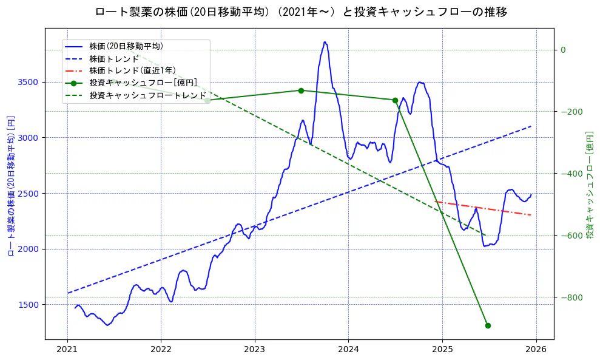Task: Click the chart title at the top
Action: click(301, 12)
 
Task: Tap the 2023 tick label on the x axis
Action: click(255, 350)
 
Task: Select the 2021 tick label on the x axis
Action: click(67, 350)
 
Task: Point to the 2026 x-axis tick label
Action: click(536, 350)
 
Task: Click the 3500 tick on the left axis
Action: click(30, 82)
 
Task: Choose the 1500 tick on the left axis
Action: click(30, 305)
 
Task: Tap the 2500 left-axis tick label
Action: click(30, 194)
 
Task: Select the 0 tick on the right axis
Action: click(563, 50)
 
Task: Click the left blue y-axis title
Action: click(11, 185)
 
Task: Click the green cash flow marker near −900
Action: click(488, 325)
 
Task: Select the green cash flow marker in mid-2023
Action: click(301, 90)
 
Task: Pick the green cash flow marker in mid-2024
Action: click(395, 100)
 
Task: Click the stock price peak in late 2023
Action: click(325, 42)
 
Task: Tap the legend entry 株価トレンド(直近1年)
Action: click(132, 70)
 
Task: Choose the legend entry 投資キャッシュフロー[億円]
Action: click(143, 83)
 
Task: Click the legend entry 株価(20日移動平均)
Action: click(126, 46)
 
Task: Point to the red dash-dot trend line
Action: click(485, 208)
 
